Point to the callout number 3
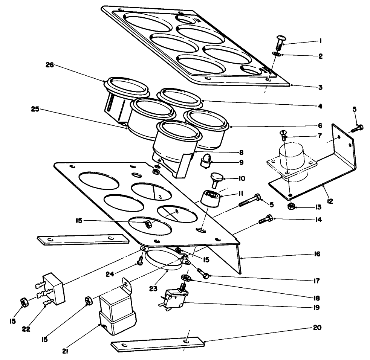tap(320, 87)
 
